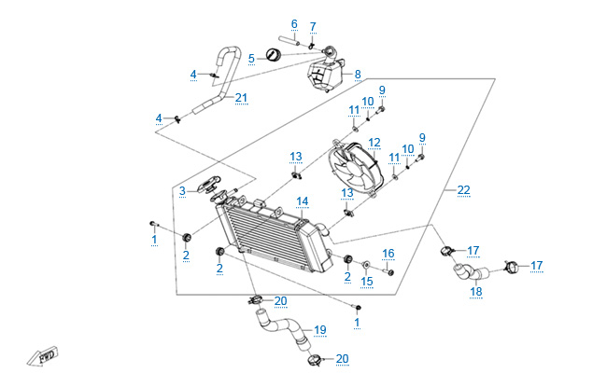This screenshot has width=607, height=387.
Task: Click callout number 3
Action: pos(183,191)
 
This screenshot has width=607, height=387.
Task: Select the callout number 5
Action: pos(251,59)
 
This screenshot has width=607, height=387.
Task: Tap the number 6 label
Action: pos(293,24)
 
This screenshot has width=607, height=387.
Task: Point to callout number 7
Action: pos(313,25)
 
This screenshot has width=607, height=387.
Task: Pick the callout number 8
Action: pos(357,72)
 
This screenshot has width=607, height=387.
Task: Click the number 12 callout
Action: pos(374,144)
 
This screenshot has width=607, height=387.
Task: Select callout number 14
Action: pos(302,201)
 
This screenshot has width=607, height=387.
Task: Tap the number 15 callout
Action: pos(367,281)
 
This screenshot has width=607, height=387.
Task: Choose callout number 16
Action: pos(388,253)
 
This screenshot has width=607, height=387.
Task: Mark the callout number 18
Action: pos(475,292)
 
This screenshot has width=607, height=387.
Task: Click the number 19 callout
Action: pos(319,330)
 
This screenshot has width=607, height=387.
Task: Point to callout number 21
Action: pos(241,98)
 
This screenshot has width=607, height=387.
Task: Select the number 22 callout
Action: pos(463,190)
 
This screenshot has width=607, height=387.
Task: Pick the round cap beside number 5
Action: pos(274,56)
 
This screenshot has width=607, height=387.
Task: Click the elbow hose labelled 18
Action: pos(467,273)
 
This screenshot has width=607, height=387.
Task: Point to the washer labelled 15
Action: pos(366,264)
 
